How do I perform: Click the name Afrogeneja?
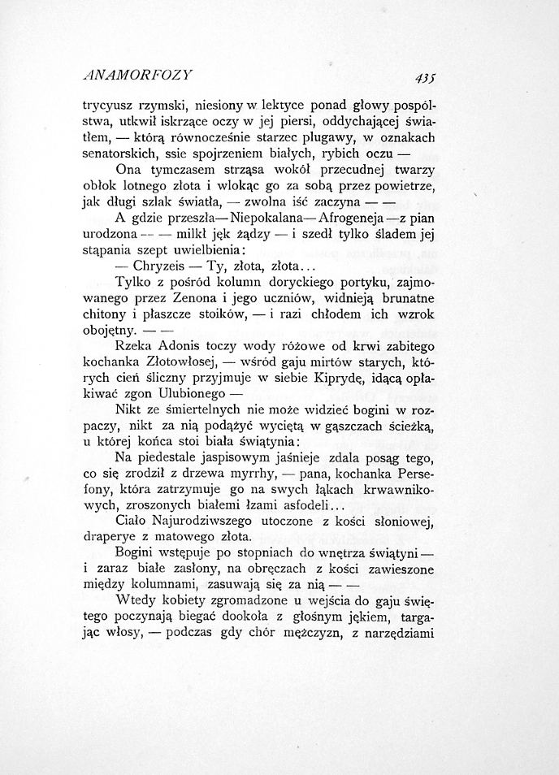tap(352, 219)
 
